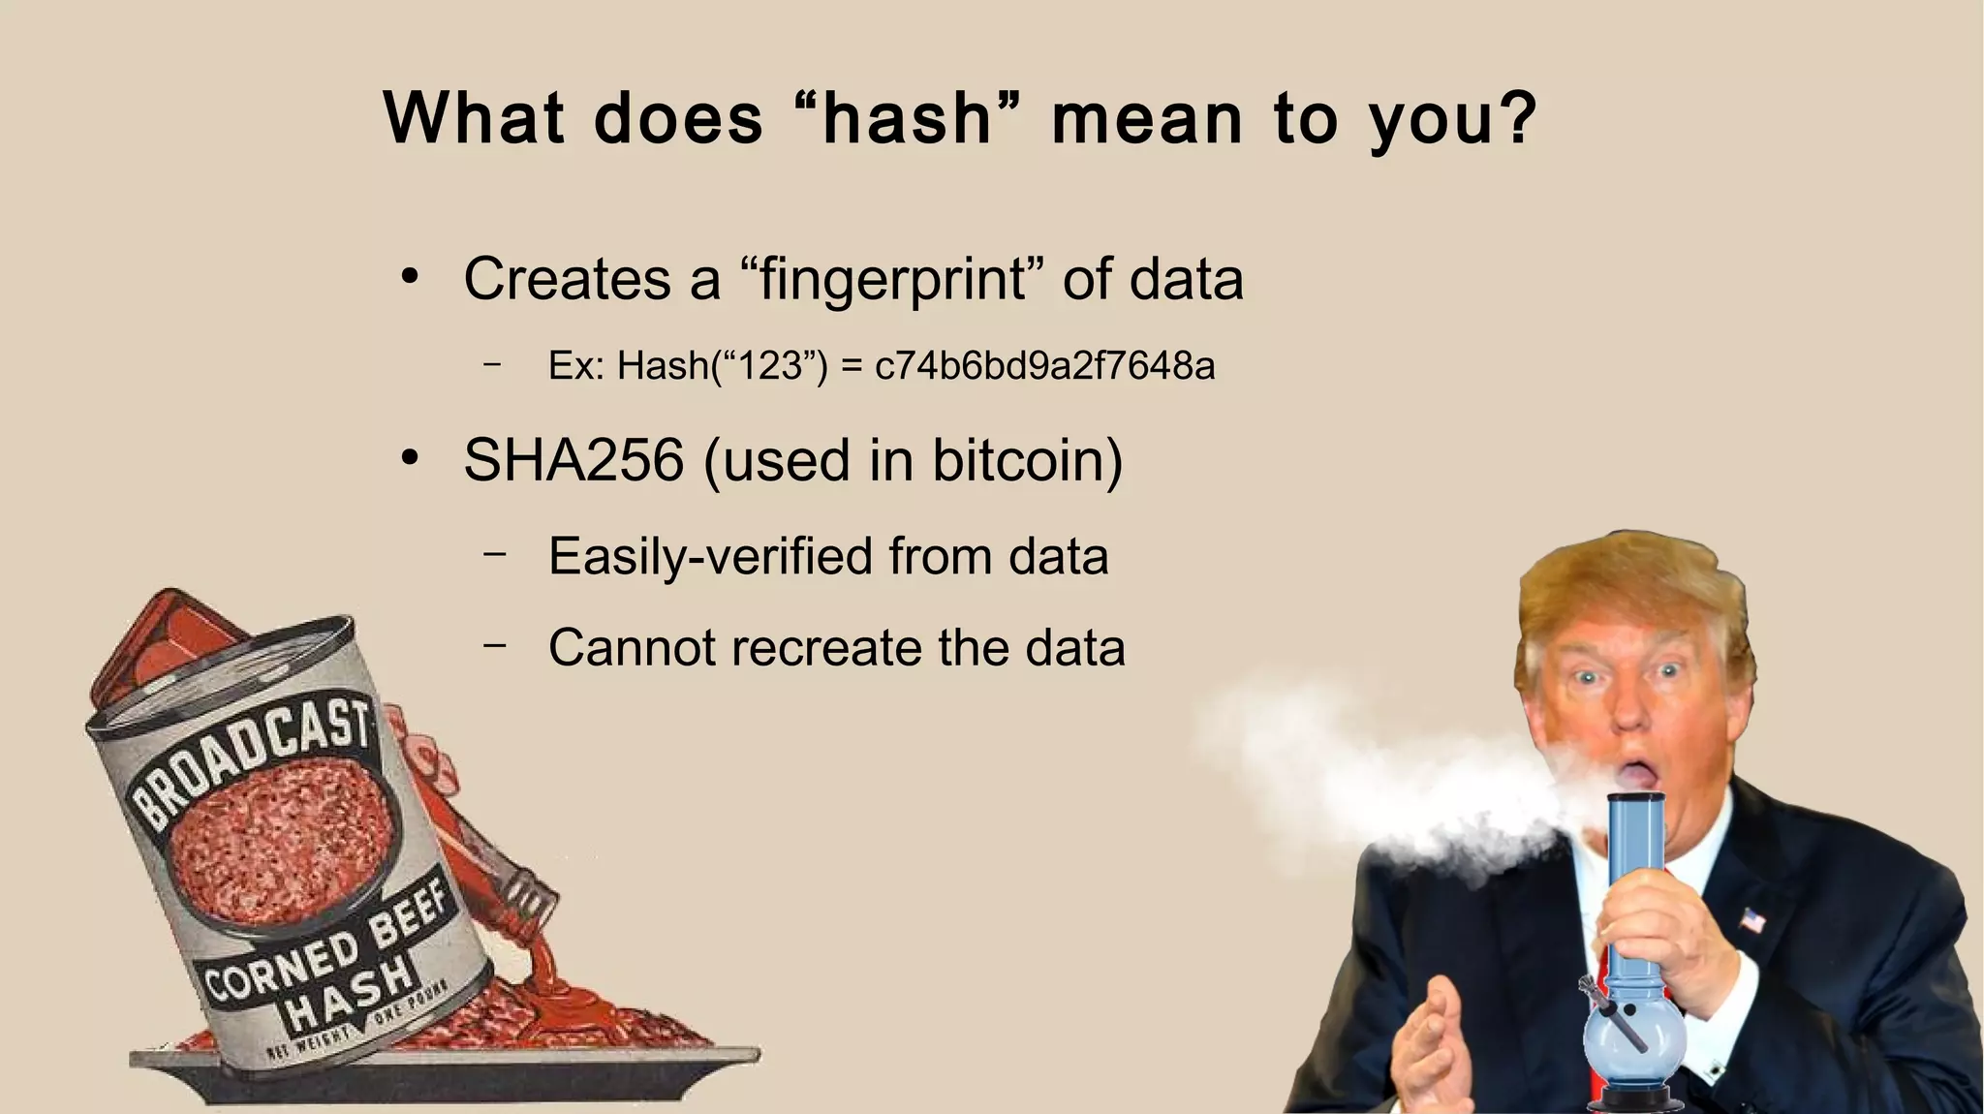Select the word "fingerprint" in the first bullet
click(891, 280)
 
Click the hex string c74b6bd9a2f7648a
click(1044, 366)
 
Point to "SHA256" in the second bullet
click(573, 460)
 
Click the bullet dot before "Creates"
click(410, 278)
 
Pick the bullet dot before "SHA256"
click(410, 458)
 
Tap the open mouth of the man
click(1633, 774)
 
